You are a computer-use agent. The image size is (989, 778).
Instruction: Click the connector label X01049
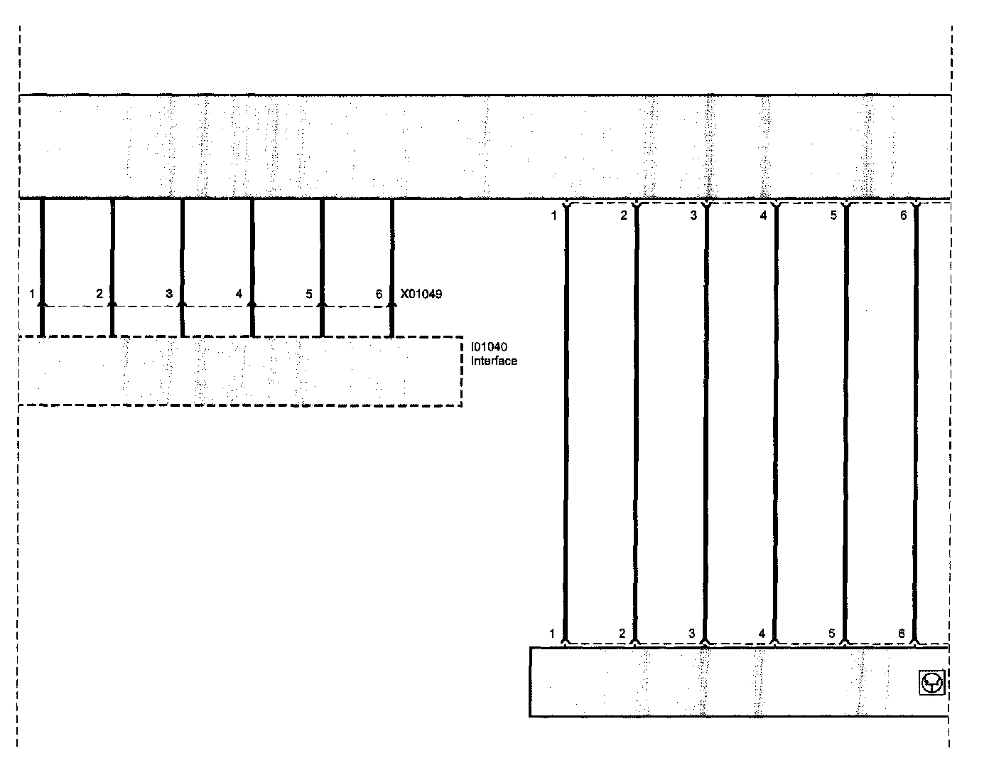click(x=421, y=294)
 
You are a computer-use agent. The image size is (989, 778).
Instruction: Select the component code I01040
click(x=488, y=347)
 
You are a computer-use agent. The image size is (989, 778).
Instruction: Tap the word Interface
click(x=494, y=361)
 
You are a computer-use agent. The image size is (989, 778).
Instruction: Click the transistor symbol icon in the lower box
click(x=931, y=683)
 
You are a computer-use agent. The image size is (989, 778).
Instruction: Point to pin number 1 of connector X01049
click(x=32, y=294)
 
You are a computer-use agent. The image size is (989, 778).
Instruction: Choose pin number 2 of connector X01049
click(x=99, y=294)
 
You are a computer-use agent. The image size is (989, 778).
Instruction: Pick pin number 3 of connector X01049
click(x=169, y=294)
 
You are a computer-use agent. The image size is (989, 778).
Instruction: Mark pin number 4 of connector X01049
click(x=239, y=294)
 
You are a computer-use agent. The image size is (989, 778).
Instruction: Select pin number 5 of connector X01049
click(x=308, y=294)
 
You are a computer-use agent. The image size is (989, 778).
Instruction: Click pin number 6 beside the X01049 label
click(x=379, y=294)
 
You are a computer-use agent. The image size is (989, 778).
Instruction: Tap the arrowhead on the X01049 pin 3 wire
click(x=183, y=304)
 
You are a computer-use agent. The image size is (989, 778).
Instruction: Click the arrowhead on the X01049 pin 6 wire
click(x=391, y=304)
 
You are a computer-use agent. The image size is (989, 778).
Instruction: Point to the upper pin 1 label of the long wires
click(x=553, y=215)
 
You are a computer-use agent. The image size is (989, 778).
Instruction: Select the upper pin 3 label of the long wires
click(x=693, y=215)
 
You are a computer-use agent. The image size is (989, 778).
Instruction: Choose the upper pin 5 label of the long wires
click(x=833, y=215)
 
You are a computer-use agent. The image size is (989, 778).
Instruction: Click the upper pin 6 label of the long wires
click(x=903, y=215)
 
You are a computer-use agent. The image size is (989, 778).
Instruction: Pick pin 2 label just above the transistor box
click(x=622, y=633)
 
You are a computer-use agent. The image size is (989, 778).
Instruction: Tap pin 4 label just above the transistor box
click(x=762, y=633)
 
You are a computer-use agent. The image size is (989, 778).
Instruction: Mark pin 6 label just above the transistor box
click(x=901, y=633)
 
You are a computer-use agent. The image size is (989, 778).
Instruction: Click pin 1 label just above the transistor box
click(x=552, y=633)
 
